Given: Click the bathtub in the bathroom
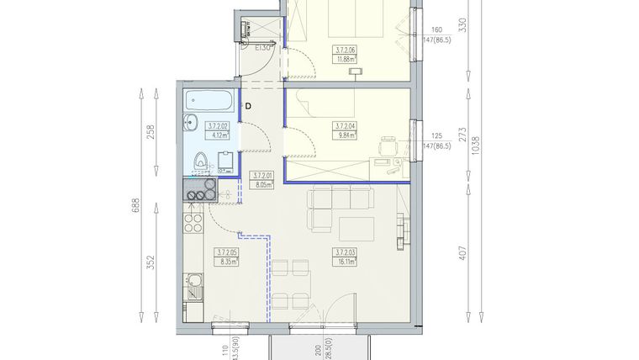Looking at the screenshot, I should click(x=209, y=102).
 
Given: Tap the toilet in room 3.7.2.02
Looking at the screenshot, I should click(x=200, y=160).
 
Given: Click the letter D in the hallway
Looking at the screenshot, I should click(x=249, y=106).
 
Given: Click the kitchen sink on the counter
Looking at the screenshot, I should click(x=193, y=289).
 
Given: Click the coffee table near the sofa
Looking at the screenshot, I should click(x=356, y=227).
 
